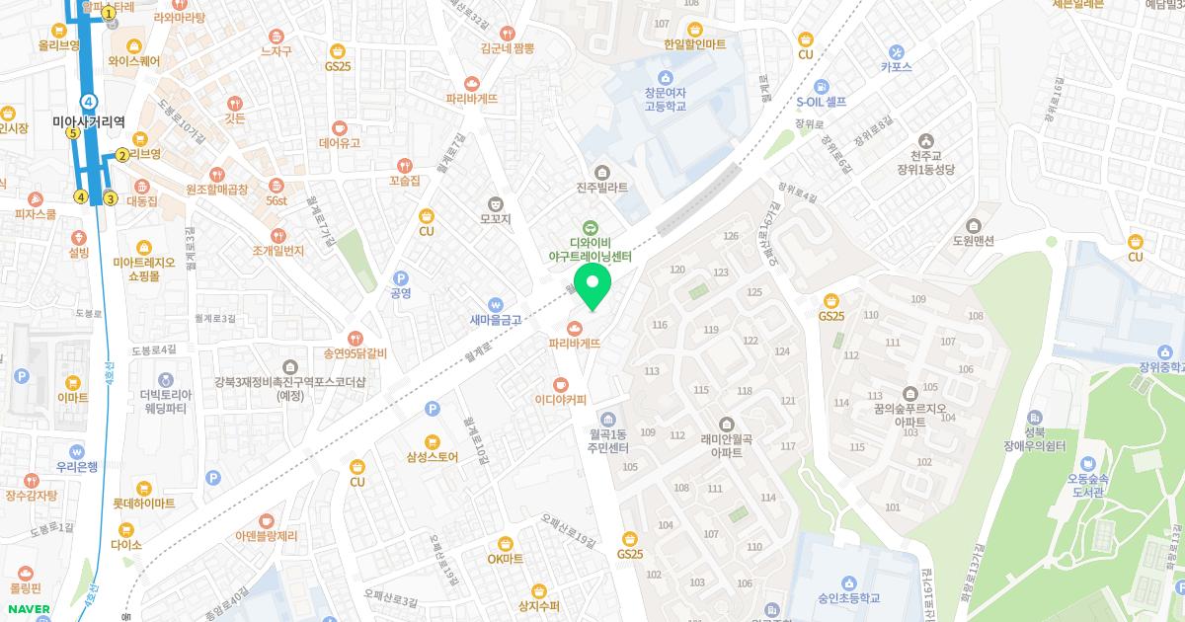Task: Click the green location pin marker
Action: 592,286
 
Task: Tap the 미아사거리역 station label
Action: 89,121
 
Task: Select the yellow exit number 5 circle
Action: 72,132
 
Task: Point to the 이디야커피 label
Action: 561,399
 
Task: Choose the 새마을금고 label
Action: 496,319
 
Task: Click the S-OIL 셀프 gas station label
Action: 822,101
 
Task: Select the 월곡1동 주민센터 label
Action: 608,441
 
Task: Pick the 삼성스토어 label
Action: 433,456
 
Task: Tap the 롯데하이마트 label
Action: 144,503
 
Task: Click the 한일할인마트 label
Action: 695,44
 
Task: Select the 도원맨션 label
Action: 973,240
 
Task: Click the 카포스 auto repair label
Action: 897,66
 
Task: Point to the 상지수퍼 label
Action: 538,605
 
